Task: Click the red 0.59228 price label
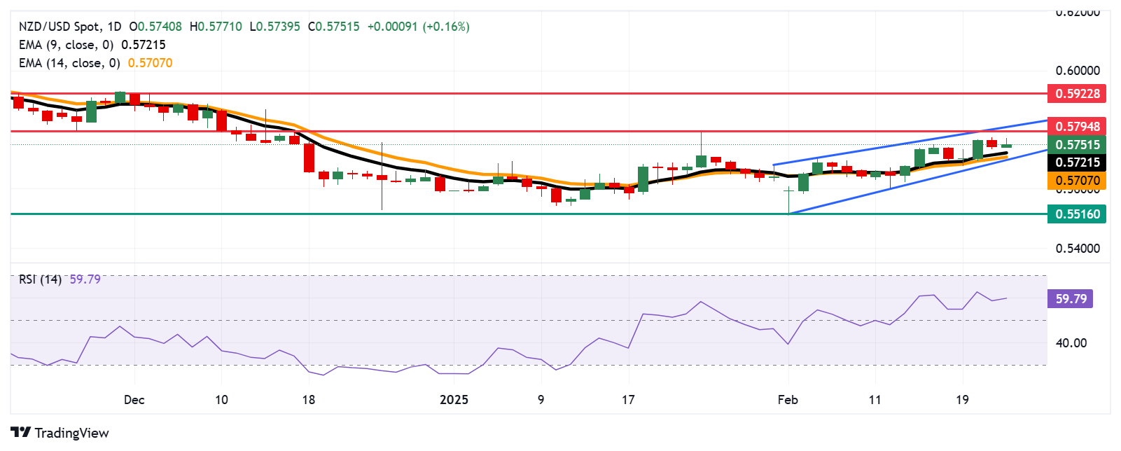pyautogui.click(x=1077, y=93)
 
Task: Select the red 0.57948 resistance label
pyautogui.click(x=1077, y=127)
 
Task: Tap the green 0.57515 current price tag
pyautogui.click(x=1077, y=145)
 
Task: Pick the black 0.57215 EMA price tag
pyautogui.click(x=1077, y=162)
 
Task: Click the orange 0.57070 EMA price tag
pyautogui.click(x=1077, y=181)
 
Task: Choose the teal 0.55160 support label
pyautogui.click(x=1077, y=214)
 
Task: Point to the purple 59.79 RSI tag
pyautogui.click(x=1070, y=299)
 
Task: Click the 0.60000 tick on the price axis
pyautogui.click(x=1077, y=71)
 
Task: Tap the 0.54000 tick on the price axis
pyautogui.click(x=1077, y=249)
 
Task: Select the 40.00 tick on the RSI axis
pyautogui.click(x=1071, y=343)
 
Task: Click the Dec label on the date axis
pyautogui.click(x=134, y=400)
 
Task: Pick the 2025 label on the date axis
pyautogui.click(x=454, y=400)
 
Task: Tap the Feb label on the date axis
pyautogui.click(x=788, y=400)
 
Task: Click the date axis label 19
pyautogui.click(x=962, y=400)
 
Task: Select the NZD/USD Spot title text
pyautogui.click(x=59, y=27)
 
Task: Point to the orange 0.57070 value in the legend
pyautogui.click(x=150, y=63)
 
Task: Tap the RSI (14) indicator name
pyautogui.click(x=40, y=279)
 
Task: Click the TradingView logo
pyautogui.click(x=60, y=433)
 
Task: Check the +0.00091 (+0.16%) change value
pyautogui.click(x=418, y=27)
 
